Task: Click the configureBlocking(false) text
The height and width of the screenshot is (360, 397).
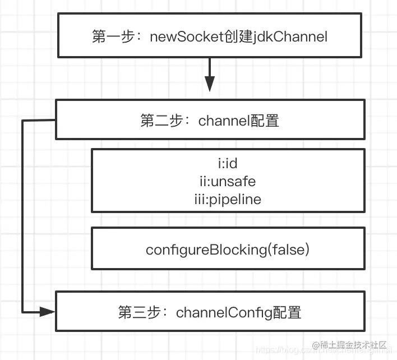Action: click(x=227, y=250)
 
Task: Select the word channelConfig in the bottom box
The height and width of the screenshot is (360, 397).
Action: click(x=221, y=312)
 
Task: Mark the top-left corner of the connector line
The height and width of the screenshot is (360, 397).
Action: click(x=23, y=121)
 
